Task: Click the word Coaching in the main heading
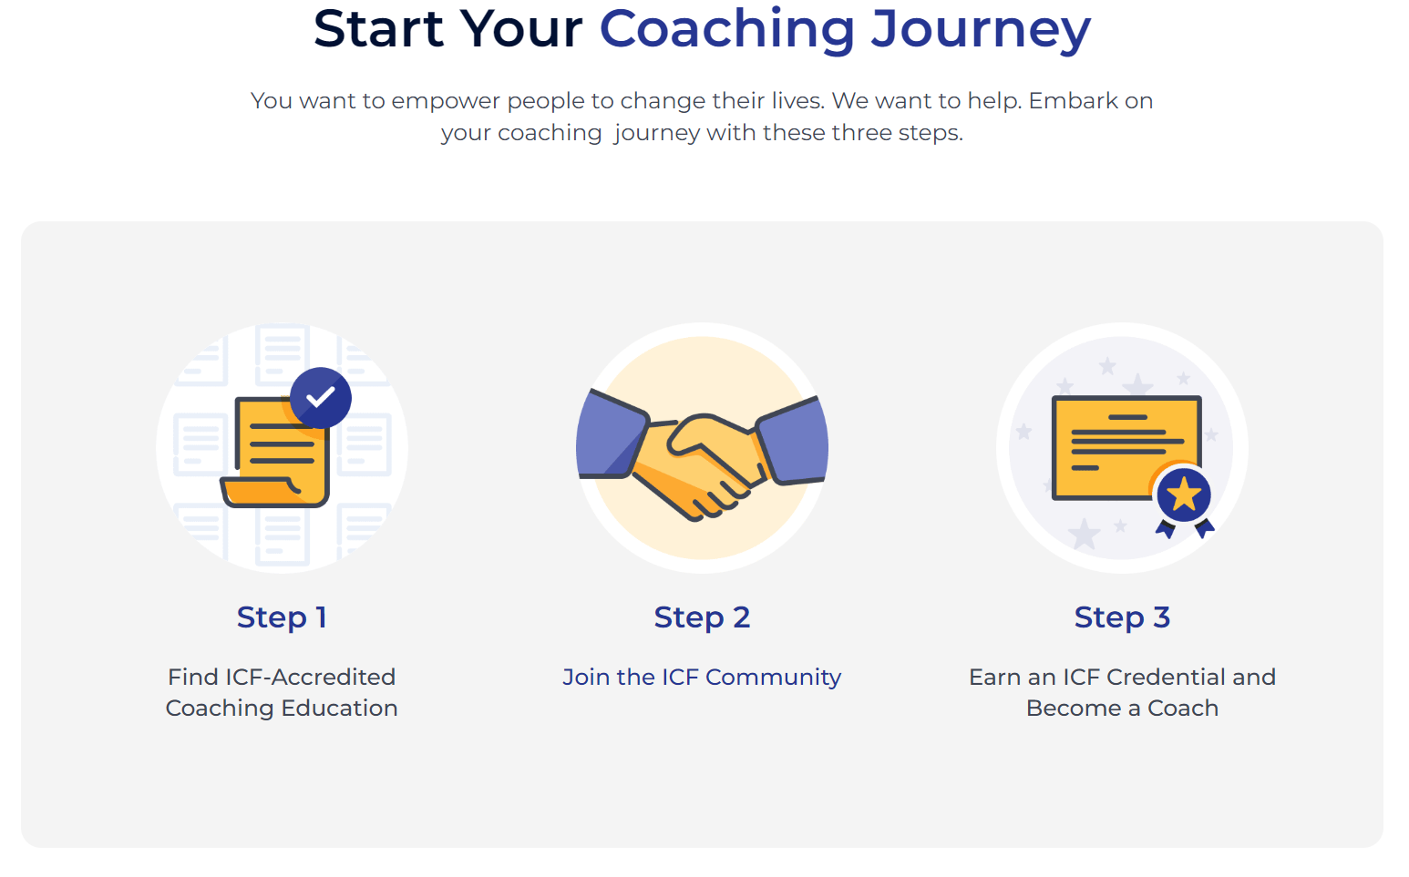point(726,29)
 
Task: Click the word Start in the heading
point(377,29)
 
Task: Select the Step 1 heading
point(282,617)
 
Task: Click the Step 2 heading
point(702,617)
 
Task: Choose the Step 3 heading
point(1122,617)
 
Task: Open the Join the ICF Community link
point(702,678)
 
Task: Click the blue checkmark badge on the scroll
point(321,398)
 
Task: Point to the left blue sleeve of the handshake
point(610,436)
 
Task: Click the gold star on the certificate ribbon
point(1184,495)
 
